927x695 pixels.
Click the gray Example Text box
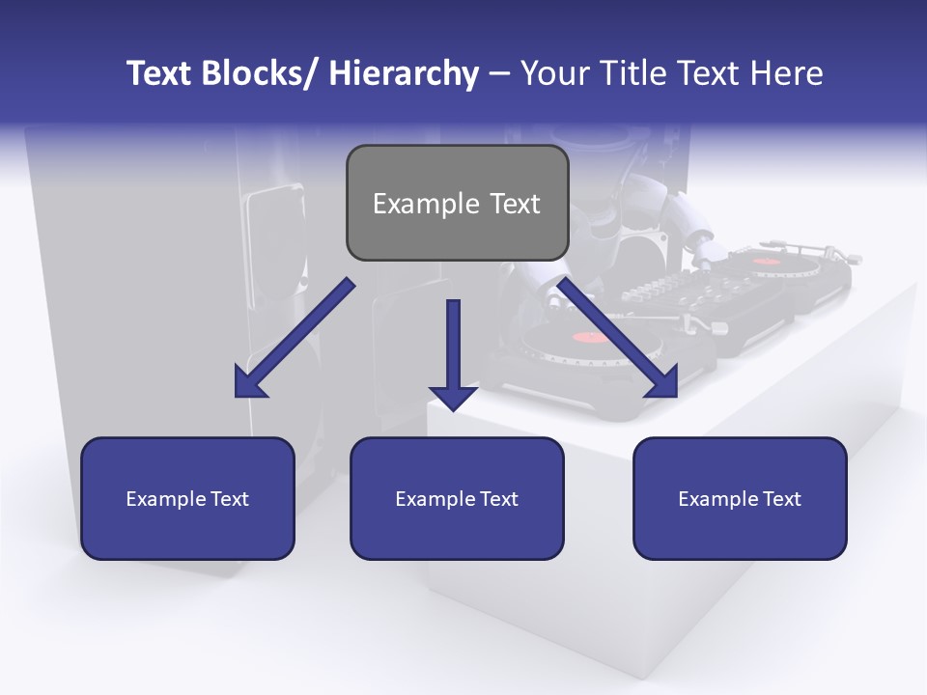tap(457, 203)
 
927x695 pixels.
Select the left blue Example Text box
tap(187, 498)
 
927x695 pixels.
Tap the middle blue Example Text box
tap(457, 498)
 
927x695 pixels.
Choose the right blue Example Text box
tap(740, 498)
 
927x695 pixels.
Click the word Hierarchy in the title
tap(404, 73)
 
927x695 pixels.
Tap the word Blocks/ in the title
tap(260, 73)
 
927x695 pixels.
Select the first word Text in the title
tap(160, 73)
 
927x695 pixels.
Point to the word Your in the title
tap(554, 73)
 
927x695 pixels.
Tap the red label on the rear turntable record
tap(765, 261)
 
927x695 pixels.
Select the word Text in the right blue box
tap(781, 499)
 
